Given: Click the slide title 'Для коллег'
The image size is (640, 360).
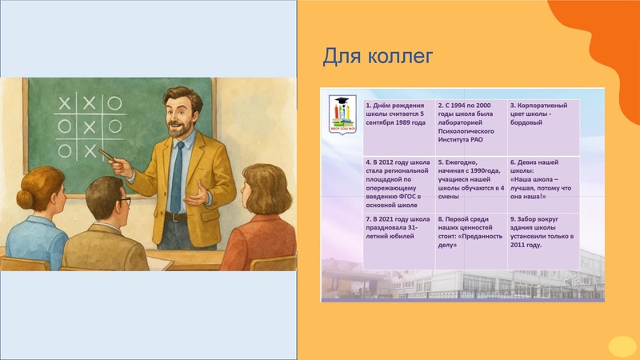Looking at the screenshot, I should pos(378,57).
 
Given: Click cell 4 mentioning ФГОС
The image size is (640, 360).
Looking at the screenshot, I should pos(398,182).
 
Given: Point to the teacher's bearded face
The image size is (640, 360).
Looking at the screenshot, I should pos(181,116).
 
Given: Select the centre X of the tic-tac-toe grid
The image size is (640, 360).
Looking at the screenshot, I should pos(90,126).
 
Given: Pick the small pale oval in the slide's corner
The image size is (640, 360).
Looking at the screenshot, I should pos(622,346).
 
